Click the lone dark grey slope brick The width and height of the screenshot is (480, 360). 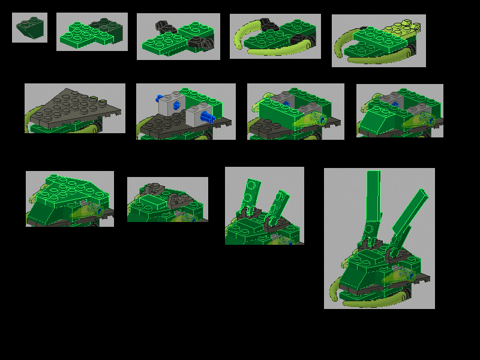pyautogui.click(x=29, y=28)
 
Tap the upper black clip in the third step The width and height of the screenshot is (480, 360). pyautogui.click(x=161, y=27)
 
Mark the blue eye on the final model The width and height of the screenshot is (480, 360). pyautogui.click(x=406, y=275)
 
